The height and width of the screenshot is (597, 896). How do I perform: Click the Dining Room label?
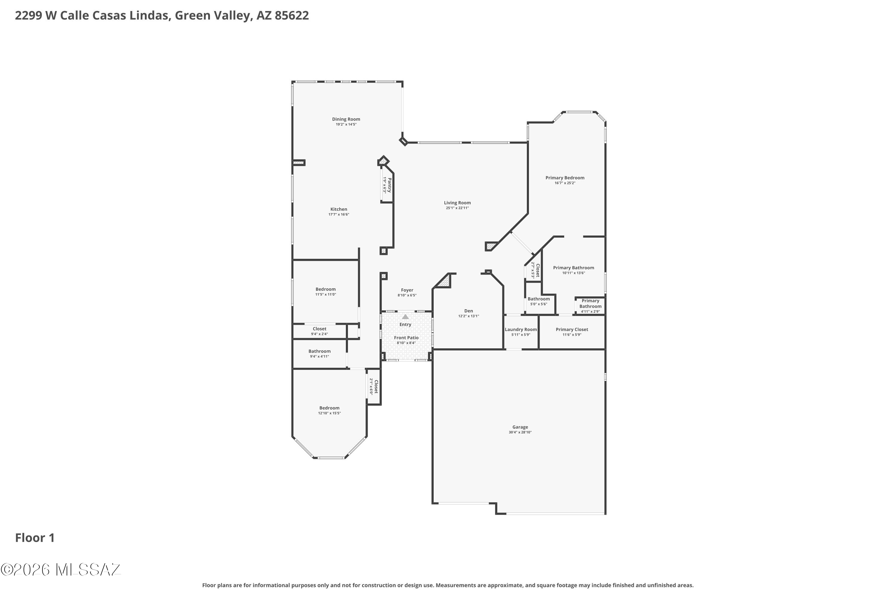[x=346, y=119]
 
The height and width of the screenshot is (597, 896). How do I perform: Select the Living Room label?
[x=457, y=203]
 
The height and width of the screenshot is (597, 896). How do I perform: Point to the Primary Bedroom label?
[x=564, y=178]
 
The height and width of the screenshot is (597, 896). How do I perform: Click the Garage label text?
[x=520, y=427]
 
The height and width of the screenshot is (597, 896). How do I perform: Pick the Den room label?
[x=469, y=311]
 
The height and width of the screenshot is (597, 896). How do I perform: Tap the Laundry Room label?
[x=521, y=330]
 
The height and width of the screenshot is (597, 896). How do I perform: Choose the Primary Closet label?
[x=572, y=330]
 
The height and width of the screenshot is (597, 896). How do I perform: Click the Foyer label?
[x=407, y=290]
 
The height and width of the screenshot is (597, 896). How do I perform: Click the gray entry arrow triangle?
[x=405, y=316]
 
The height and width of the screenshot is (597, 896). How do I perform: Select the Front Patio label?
[x=406, y=338]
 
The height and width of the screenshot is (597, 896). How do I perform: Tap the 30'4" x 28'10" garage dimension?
[x=520, y=432]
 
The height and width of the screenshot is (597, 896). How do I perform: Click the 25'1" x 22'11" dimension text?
[x=457, y=208]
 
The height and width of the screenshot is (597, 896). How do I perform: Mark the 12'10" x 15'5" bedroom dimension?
[x=329, y=413]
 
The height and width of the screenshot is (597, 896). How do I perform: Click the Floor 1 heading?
[x=35, y=538]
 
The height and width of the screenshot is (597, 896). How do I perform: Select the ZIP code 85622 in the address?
[x=292, y=16]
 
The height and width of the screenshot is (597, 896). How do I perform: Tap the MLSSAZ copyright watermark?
[x=61, y=570]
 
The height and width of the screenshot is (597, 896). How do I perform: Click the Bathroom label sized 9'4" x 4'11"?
[x=320, y=351]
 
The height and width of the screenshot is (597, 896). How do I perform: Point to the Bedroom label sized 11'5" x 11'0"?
[x=325, y=289]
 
